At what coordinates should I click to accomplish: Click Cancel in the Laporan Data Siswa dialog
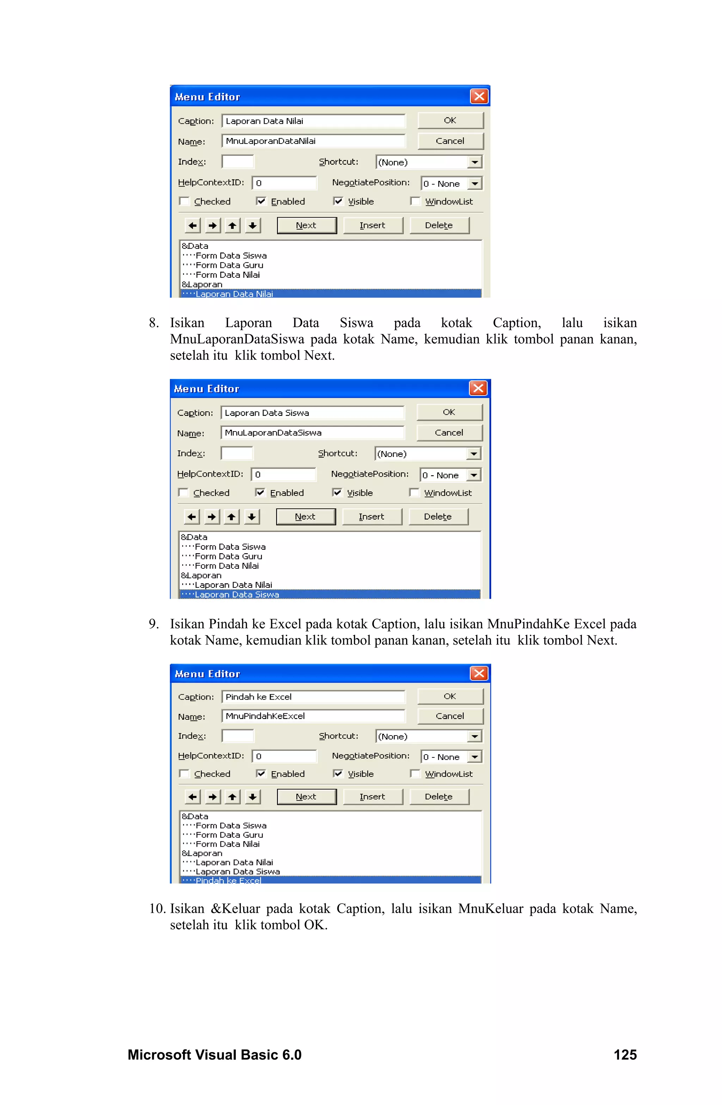[x=449, y=433]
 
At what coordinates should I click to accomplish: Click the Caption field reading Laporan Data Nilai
[x=313, y=121]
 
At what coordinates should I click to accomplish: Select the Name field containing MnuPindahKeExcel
[x=313, y=716]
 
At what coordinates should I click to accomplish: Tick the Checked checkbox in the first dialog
[x=185, y=201]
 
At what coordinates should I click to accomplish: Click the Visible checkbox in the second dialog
[x=337, y=493]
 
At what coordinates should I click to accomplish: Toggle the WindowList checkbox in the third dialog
[x=415, y=773]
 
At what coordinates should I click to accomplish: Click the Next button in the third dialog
[x=306, y=796]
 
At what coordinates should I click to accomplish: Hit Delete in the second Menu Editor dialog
[x=438, y=516]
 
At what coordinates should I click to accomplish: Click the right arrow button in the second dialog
[x=212, y=516]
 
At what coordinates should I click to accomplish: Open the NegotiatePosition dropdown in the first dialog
[x=475, y=184]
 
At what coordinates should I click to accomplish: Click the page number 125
[x=625, y=1055]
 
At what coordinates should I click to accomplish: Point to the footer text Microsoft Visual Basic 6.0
[x=214, y=1055]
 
